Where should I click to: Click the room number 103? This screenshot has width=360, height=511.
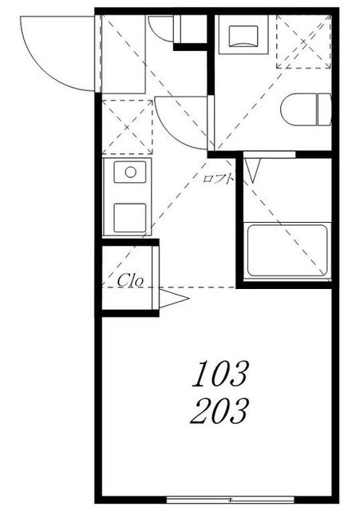tap(220, 374)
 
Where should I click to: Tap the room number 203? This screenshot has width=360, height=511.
tap(220, 411)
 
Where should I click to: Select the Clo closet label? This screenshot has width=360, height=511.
tap(130, 280)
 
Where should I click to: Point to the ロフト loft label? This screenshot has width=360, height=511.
tap(218, 178)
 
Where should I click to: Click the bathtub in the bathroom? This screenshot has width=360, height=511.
tap(287, 250)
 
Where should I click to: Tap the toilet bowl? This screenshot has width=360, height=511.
tap(299, 109)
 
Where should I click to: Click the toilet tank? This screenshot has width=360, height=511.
tap(324, 109)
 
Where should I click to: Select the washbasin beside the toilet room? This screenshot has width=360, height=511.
tap(243, 34)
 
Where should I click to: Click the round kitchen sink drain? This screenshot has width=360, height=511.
tap(130, 172)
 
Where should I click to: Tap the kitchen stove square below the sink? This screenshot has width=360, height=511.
tap(130, 218)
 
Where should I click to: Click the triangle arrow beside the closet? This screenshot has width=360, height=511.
tap(174, 298)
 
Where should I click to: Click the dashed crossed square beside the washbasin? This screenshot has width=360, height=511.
tap(303, 42)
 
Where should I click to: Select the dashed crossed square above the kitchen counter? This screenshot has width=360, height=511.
tap(127, 127)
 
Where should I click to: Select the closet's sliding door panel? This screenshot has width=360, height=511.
tap(156, 277)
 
